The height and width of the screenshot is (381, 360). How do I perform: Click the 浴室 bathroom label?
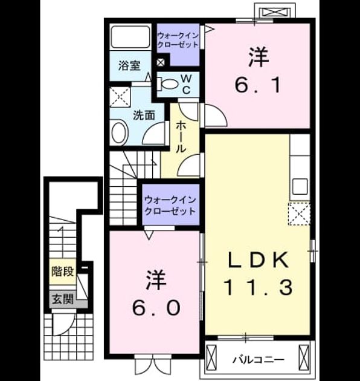[x=129, y=65]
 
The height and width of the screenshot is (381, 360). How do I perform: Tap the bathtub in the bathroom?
[x=130, y=37]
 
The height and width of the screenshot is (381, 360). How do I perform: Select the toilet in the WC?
[x=167, y=84]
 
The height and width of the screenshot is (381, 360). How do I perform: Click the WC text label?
[x=187, y=84]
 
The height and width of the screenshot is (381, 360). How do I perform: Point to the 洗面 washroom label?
[x=144, y=116]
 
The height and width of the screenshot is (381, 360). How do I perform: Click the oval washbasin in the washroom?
[x=119, y=133]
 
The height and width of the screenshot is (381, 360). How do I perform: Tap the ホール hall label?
[x=181, y=137]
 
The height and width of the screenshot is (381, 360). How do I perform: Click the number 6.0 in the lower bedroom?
[x=156, y=308]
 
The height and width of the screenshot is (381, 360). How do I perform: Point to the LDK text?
[x=258, y=260]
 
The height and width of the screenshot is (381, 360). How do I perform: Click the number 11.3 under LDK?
[x=259, y=287]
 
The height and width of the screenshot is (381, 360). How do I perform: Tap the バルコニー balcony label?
[x=258, y=359]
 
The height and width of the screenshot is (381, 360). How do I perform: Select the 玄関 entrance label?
[x=63, y=298]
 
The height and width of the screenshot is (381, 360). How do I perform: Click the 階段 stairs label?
[x=63, y=271]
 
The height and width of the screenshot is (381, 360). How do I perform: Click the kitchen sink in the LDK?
[x=300, y=187]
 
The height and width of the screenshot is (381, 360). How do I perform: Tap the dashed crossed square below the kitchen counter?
[x=299, y=213]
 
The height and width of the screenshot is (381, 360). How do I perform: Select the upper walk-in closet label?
[x=178, y=40]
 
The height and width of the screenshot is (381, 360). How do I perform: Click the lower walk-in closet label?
[x=170, y=206]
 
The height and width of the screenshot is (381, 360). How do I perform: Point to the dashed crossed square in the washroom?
[x=120, y=97]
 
